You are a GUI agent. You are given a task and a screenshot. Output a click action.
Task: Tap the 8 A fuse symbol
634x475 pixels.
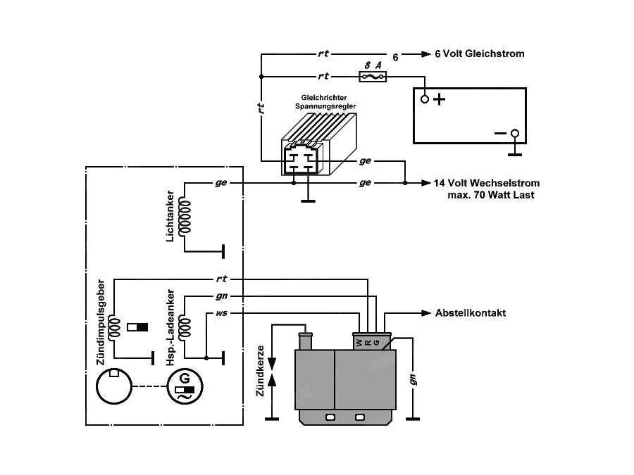coord(372,75)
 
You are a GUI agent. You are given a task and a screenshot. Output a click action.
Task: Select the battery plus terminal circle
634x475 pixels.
coord(425,99)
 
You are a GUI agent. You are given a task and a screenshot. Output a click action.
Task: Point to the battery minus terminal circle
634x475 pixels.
coord(515,133)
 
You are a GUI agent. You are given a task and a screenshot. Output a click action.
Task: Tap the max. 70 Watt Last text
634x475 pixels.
coord(491,194)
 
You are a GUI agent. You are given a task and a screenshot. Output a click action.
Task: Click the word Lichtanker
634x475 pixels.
coord(170,217)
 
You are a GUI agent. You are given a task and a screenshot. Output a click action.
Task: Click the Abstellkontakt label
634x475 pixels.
coord(470,313)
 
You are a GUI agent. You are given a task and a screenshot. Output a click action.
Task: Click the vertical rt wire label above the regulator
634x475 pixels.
coord(261,108)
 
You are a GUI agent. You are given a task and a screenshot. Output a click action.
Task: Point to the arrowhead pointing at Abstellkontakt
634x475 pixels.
coord(425,313)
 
